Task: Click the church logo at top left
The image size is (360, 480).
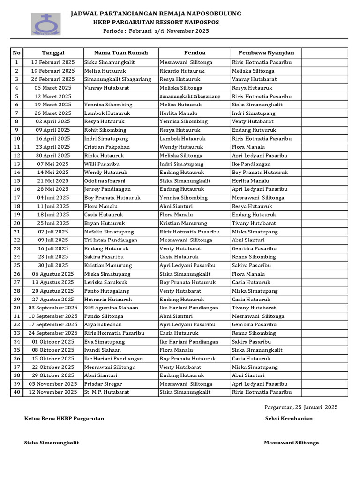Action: point(45,24)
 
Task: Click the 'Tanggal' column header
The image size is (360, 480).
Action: point(53,53)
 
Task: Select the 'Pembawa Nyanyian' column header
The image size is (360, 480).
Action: point(266,53)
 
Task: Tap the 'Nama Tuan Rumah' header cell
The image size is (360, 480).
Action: point(121,53)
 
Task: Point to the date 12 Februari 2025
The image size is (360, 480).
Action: point(53,62)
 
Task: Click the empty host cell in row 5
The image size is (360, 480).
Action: point(120,96)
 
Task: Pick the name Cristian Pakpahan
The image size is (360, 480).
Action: point(107,147)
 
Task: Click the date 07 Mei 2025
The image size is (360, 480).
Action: point(53,164)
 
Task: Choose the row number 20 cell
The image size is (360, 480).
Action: point(17,223)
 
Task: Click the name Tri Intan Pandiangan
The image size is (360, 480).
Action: point(111,240)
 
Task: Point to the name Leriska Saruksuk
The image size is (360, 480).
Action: point(105,282)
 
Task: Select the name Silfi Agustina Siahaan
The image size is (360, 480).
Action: point(111,308)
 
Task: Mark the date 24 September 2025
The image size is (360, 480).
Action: point(53,333)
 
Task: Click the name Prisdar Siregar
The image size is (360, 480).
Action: point(103,384)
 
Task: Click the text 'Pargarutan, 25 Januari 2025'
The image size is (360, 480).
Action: point(300,407)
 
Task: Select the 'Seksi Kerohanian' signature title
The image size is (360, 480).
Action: point(289,419)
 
